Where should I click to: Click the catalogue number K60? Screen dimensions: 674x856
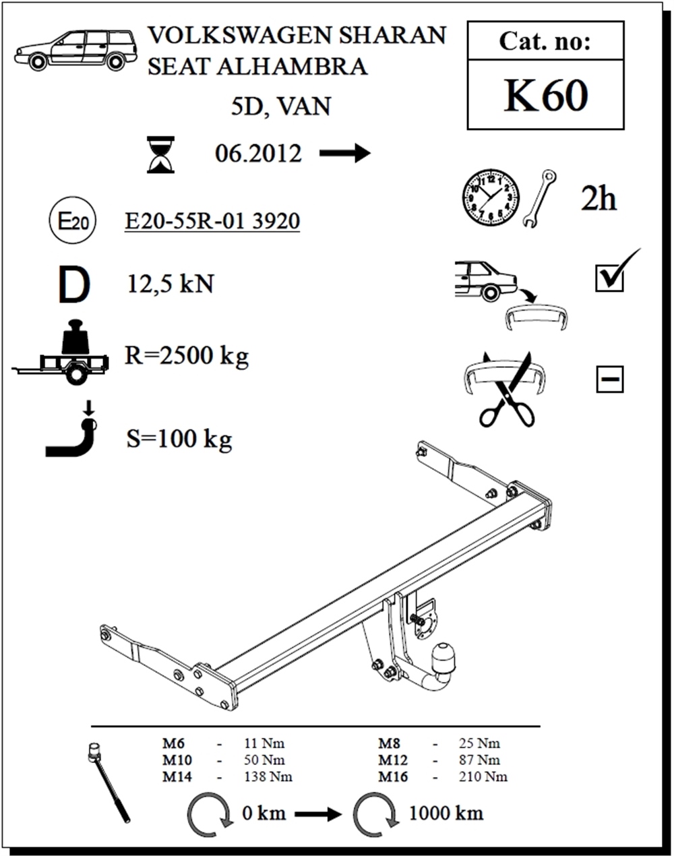tap(546, 96)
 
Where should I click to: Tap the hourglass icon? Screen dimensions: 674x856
tap(160, 154)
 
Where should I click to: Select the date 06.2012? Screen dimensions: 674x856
tap(258, 154)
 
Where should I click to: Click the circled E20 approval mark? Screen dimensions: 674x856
tap(72, 220)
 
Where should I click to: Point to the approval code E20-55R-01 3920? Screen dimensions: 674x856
tap(212, 221)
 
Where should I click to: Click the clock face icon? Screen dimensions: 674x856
tap(491, 197)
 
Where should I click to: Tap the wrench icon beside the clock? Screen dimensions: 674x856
tap(539, 198)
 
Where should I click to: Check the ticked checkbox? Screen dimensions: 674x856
tap(610, 278)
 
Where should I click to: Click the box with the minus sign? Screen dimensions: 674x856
tap(609, 379)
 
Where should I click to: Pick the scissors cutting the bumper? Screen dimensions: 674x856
tap(506, 390)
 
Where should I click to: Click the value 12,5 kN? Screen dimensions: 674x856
tap(171, 284)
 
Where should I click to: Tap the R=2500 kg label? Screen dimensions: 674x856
tap(187, 356)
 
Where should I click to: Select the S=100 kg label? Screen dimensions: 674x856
tap(179, 439)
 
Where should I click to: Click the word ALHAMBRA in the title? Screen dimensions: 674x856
tap(292, 66)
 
